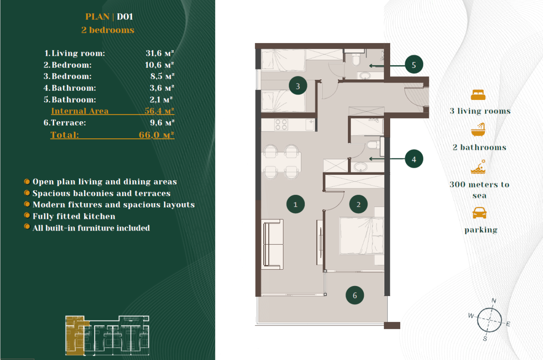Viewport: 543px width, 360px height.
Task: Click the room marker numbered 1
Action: [x=295, y=204]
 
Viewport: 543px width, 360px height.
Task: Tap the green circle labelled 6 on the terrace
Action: [x=355, y=295]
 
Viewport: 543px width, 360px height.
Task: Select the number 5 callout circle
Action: [x=414, y=64]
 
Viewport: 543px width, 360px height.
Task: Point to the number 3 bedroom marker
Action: [x=298, y=86]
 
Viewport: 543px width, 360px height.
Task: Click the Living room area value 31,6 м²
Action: [x=160, y=53]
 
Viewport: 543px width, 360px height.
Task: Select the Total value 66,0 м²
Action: [x=156, y=135]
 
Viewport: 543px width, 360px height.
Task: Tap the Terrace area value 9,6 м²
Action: [x=162, y=122]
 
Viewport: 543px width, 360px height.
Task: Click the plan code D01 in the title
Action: [x=125, y=17]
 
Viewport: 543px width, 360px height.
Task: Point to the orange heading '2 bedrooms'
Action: [x=108, y=30]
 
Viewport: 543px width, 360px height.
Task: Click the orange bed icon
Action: [x=478, y=95]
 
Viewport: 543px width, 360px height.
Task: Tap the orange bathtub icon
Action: [x=478, y=130]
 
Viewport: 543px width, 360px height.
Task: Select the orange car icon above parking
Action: [x=479, y=213]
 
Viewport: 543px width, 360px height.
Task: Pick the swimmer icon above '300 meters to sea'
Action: [x=478, y=167]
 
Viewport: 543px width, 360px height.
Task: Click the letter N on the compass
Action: [x=494, y=301]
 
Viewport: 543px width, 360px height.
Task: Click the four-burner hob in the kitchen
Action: [x=281, y=124]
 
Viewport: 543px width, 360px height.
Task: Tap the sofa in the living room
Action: [x=272, y=244]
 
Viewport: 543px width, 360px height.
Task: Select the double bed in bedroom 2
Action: [x=361, y=236]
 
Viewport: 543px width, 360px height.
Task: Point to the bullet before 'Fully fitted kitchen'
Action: [x=27, y=215]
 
